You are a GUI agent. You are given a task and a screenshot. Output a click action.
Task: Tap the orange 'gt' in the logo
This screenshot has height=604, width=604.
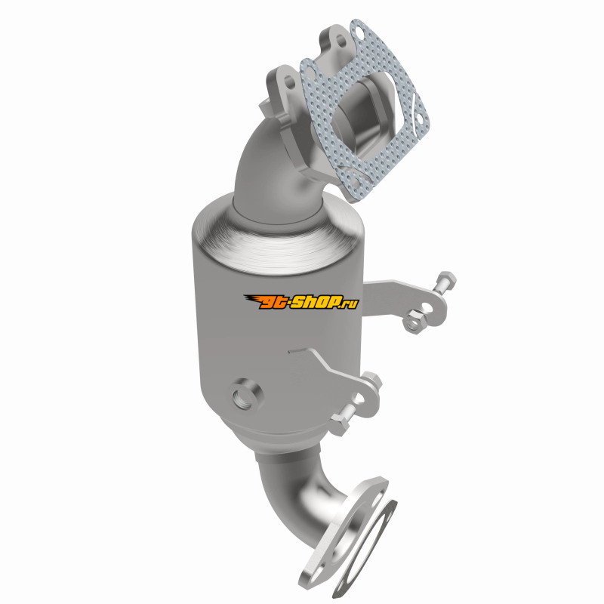click(273, 302)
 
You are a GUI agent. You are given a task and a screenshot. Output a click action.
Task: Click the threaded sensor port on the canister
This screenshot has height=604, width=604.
click(248, 395)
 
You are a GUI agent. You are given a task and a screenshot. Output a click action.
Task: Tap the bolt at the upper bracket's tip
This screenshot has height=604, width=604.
click(447, 282)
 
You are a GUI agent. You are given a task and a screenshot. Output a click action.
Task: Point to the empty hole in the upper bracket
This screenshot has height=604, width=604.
click(427, 308)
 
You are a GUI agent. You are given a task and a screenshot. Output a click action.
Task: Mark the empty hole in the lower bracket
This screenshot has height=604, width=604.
click(359, 399)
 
